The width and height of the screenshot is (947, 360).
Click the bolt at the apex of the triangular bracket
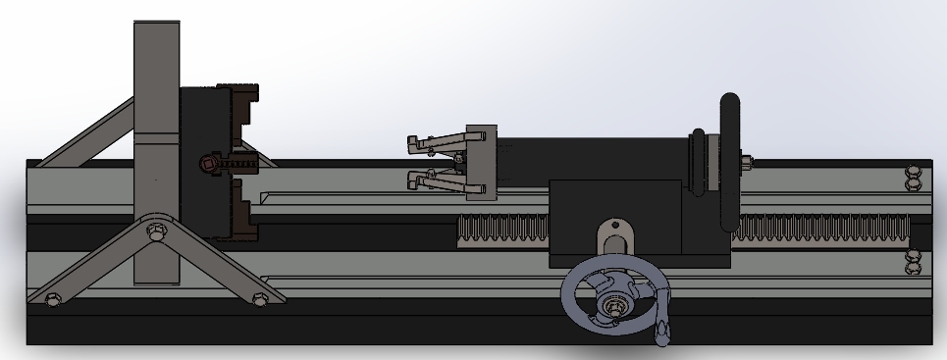tap(153, 232)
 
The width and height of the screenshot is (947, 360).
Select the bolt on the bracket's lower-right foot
tap(260, 297)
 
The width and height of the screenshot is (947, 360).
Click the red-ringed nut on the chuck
tap(208, 164)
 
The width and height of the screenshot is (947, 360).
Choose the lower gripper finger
tap(432, 180)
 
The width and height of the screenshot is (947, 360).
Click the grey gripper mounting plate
tap(478, 163)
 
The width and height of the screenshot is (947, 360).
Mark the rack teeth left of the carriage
tap(502, 231)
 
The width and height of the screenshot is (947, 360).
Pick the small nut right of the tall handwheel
tap(748, 161)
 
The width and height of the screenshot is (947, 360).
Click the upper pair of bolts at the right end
tap(914, 177)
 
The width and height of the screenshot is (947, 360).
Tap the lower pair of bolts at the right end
tap(914, 260)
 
